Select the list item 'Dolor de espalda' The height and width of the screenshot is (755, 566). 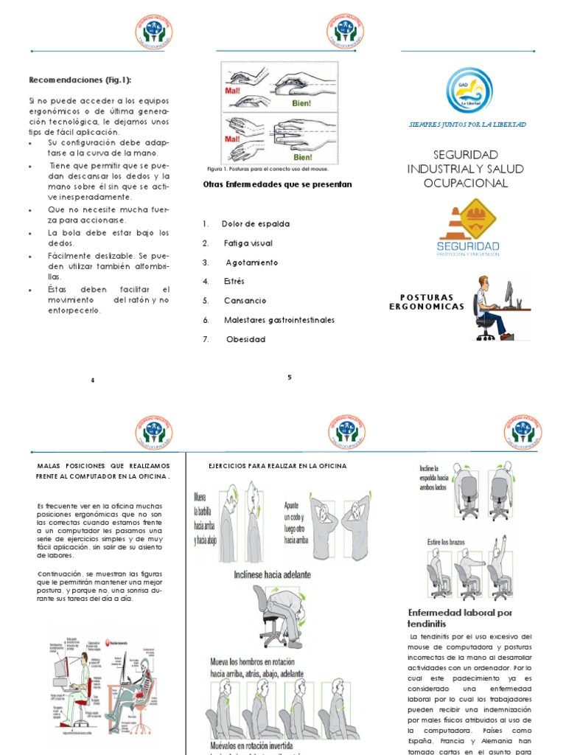pyautogui.click(x=255, y=223)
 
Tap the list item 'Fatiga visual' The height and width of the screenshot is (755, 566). pyautogui.click(x=248, y=243)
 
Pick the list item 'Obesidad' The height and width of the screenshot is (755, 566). pyautogui.click(x=245, y=339)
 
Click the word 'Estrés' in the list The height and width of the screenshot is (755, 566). pyautogui.click(x=234, y=282)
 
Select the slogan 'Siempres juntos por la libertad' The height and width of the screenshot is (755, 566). pyautogui.click(x=467, y=125)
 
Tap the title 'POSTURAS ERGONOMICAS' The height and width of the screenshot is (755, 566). pyautogui.click(x=427, y=302)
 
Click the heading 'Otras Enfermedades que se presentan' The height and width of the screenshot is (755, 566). pyautogui.click(x=277, y=184)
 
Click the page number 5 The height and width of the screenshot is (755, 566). pyautogui.click(x=290, y=377)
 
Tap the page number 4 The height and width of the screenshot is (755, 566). pyautogui.click(x=93, y=380)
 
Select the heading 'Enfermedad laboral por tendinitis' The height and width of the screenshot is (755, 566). pyautogui.click(x=460, y=618)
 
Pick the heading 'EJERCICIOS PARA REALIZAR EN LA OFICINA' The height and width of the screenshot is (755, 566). pyautogui.click(x=277, y=467)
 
